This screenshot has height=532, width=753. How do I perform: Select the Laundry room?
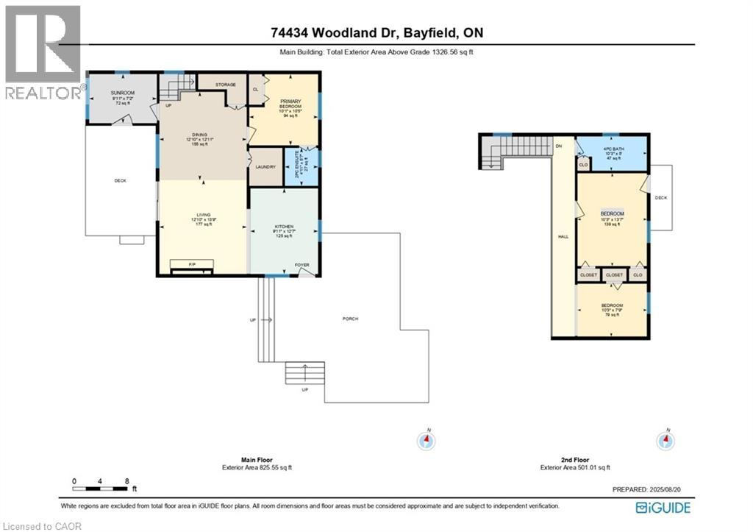click(265, 166)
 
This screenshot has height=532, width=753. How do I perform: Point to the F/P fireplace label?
click(192, 263)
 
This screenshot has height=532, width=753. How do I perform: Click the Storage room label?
click(225, 85)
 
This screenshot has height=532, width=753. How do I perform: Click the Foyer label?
click(302, 265)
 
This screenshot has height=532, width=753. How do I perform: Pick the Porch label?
click(351, 319)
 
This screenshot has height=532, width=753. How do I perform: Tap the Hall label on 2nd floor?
click(563, 237)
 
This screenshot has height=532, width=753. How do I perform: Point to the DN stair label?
click(559, 146)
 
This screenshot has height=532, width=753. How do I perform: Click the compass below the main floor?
click(426, 441)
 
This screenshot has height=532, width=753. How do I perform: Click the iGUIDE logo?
click(663, 506)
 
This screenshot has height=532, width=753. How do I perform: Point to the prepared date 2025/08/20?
click(650, 489)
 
